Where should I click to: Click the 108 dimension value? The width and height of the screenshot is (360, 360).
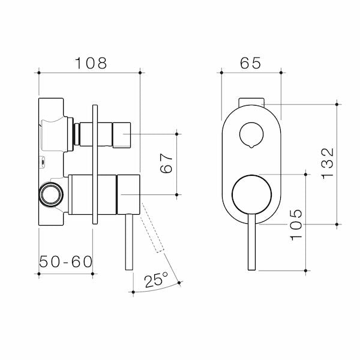(x=89, y=62)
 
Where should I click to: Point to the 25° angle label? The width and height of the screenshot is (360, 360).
(x=155, y=280)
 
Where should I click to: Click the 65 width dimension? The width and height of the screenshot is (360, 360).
(x=251, y=62)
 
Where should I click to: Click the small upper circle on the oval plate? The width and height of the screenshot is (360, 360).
(x=251, y=134)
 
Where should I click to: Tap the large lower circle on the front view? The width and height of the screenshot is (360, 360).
(x=251, y=194)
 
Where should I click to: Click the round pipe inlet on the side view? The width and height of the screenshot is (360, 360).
(x=50, y=194)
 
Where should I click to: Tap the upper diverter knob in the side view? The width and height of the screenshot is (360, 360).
(x=114, y=133)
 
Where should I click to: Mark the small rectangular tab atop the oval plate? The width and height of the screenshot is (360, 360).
(x=251, y=100)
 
